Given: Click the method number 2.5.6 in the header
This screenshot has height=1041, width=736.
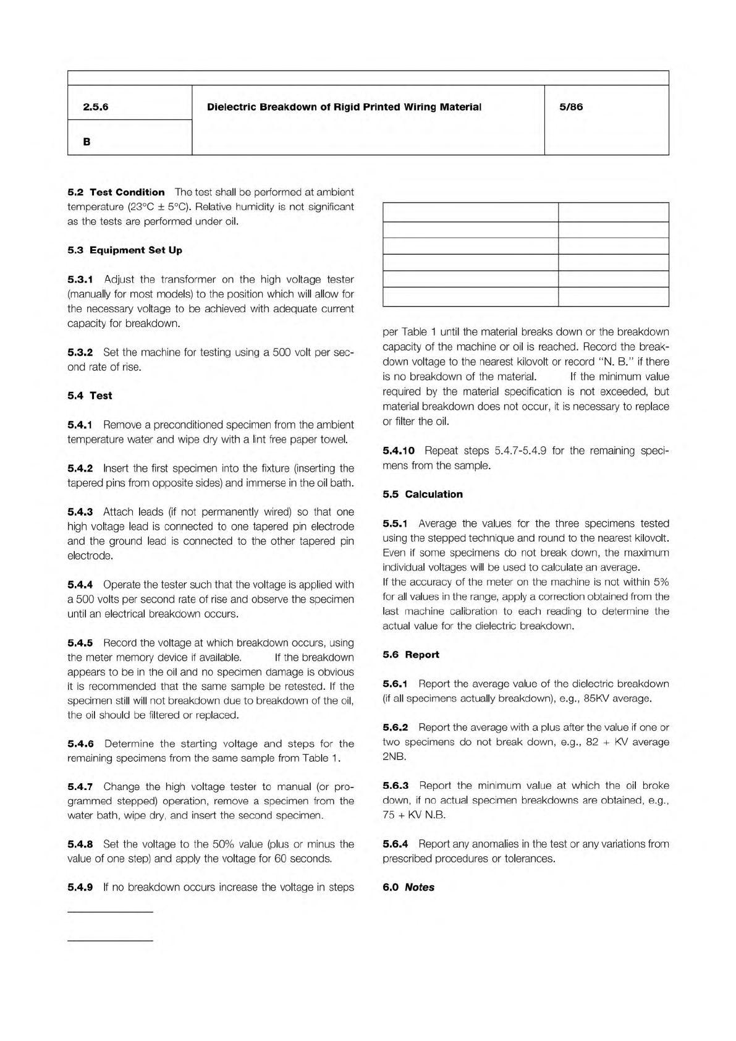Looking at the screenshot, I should point(95,107).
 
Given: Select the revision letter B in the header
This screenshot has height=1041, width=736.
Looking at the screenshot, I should point(87,142).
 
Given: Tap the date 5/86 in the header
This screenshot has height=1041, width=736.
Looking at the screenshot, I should point(570,107).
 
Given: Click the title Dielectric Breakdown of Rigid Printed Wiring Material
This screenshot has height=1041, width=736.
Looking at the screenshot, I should point(344,107).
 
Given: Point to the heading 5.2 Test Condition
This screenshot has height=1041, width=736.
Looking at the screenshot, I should point(116,192).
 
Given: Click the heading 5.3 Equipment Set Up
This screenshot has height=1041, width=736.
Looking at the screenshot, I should point(125,250).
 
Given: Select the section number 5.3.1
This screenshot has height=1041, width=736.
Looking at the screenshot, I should point(80,279).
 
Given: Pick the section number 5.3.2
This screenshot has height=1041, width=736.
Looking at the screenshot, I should point(80,352).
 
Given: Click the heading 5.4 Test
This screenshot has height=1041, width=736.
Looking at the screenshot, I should point(90,396).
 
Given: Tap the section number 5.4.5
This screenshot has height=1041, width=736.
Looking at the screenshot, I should point(80,643).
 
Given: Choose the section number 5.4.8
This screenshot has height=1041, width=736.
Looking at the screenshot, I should point(80,844).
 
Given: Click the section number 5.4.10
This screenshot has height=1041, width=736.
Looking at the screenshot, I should point(399,451).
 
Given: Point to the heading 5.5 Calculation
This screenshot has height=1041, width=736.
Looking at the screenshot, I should point(423,495).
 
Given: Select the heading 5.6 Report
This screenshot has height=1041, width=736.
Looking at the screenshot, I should point(411,655).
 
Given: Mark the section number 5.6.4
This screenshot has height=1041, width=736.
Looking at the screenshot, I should point(395,844).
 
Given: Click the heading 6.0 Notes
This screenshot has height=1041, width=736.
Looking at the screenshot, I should point(408,887).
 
